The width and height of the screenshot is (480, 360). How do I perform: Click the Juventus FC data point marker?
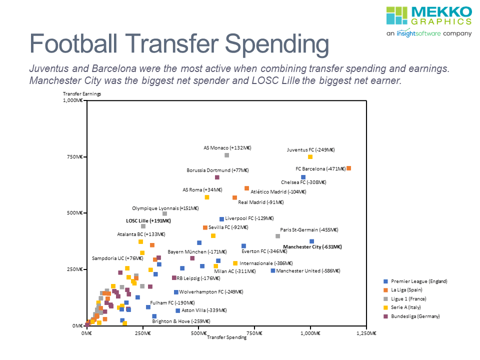click(x=310, y=157)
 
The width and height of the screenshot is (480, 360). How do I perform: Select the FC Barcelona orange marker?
click(x=348, y=168)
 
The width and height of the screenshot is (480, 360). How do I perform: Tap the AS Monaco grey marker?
click(x=226, y=155)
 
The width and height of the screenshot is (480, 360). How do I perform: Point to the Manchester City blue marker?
click(x=311, y=241)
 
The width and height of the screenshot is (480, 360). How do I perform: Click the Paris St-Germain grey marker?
click(x=277, y=236)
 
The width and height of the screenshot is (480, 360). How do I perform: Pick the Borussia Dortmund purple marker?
click(x=217, y=177)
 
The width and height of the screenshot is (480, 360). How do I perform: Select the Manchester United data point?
click(x=273, y=270)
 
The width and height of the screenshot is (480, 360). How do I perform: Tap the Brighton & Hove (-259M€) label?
click(x=181, y=321)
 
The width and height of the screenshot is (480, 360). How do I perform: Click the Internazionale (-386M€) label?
click(x=266, y=263)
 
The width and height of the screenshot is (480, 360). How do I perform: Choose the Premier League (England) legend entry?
click(x=415, y=281)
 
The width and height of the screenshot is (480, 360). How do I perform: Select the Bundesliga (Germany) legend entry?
click(x=415, y=316)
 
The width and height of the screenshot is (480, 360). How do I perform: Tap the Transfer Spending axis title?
click(x=226, y=337)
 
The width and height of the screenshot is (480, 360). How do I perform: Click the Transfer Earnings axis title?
click(x=81, y=94)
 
